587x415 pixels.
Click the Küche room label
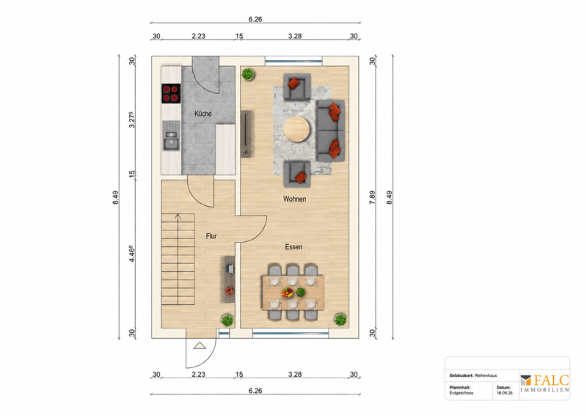203,114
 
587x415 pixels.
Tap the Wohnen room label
294,199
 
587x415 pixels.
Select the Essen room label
293,246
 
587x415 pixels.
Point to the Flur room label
211,236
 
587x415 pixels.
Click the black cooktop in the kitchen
171,94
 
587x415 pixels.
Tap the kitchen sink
171,139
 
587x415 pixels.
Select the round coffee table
297,130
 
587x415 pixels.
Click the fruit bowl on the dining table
287,293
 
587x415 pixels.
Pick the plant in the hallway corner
227,320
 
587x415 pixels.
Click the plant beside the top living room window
247,74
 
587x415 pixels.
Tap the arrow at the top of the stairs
178,216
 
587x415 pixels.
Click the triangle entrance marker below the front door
200,345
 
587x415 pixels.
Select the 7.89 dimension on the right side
372,197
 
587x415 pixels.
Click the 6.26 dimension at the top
255,19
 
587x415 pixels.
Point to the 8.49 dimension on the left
115,197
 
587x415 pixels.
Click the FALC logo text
551,381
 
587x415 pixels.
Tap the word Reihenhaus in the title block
486,375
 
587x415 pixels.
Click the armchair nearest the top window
297,87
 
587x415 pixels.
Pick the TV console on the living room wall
246,134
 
